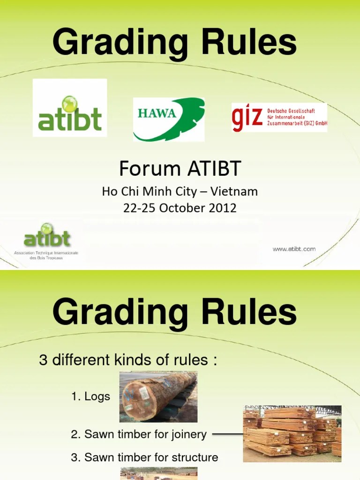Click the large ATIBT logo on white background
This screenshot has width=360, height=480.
(70, 108)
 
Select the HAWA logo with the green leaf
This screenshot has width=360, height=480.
(169, 119)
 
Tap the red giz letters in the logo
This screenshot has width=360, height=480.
(247, 118)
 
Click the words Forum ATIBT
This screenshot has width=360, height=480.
(180, 167)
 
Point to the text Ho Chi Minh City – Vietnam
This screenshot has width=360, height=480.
(180, 192)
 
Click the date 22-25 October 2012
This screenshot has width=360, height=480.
(180, 208)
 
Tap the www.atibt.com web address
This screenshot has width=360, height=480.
(294, 249)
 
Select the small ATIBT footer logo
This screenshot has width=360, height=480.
(47, 238)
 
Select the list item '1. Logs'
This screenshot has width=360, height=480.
(90, 397)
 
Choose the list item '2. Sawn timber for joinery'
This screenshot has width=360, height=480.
(139, 435)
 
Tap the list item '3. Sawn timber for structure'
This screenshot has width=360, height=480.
(144, 457)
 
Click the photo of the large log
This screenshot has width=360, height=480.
(158, 397)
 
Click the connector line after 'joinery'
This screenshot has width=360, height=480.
(227, 434)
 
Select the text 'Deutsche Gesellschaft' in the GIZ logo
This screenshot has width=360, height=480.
(291, 111)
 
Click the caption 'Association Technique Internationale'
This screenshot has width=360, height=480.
(46, 253)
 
